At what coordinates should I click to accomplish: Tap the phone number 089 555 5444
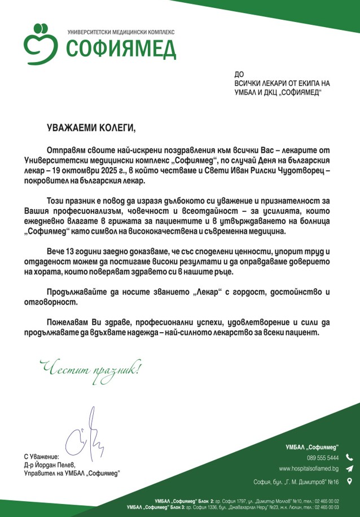[x=323, y=457]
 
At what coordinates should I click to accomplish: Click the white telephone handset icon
[x=349, y=457]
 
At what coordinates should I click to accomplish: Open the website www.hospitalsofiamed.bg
[x=309, y=469]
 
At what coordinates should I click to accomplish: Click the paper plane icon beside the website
[x=349, y=469]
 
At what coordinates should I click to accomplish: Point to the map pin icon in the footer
[x=349, y=481]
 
